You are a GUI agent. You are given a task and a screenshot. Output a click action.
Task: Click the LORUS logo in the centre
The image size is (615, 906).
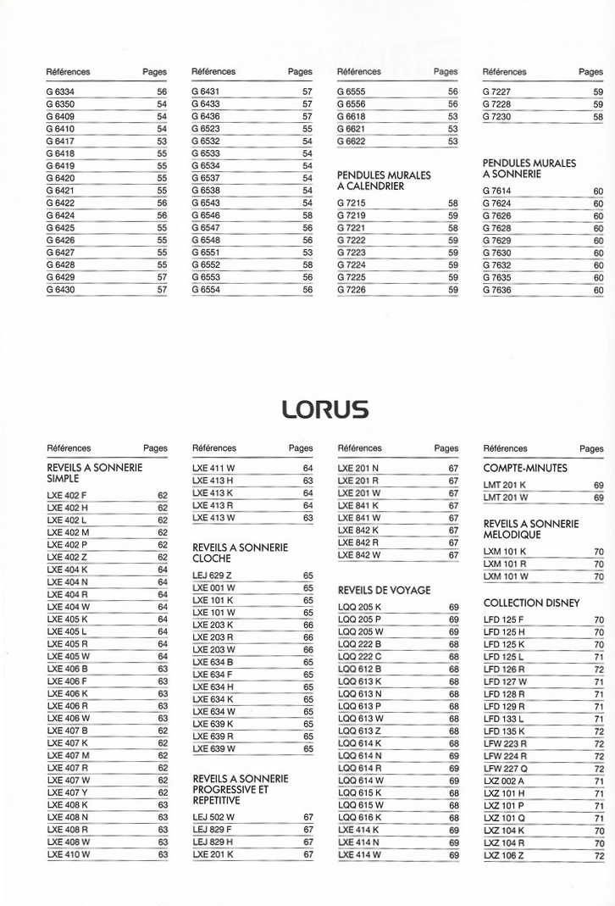coord(325,410)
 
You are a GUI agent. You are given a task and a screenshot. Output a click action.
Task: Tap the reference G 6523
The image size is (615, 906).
coord(206,129)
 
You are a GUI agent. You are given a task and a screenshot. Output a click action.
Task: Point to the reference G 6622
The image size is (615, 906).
coord(352,142)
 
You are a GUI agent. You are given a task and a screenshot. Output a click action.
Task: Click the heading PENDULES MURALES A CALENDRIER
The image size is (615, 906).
coord(384,181)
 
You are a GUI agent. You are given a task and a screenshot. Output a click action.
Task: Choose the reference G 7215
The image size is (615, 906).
coord(352,203)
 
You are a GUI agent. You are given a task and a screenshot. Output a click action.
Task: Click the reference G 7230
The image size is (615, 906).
coord(496,117)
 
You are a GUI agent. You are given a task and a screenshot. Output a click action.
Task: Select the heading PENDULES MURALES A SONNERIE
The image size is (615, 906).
coord(529,169)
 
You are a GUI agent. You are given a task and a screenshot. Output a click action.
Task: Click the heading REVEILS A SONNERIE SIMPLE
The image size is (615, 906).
coord(94,473)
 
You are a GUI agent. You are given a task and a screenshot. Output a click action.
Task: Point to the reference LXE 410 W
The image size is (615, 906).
coord(68,855)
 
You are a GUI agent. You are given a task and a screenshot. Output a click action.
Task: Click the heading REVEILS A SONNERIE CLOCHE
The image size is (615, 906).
coord(240,553)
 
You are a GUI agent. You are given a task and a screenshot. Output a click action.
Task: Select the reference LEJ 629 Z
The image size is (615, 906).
coord(212,575)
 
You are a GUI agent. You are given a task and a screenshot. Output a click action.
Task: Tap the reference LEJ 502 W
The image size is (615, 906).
coord(213,817)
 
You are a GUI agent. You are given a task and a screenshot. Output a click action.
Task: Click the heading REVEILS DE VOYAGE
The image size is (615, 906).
coord(384,590)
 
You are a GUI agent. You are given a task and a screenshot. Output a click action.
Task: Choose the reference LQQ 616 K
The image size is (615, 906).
coord(359,818)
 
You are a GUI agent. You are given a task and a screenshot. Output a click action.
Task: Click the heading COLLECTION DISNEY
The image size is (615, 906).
coord(531,603)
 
